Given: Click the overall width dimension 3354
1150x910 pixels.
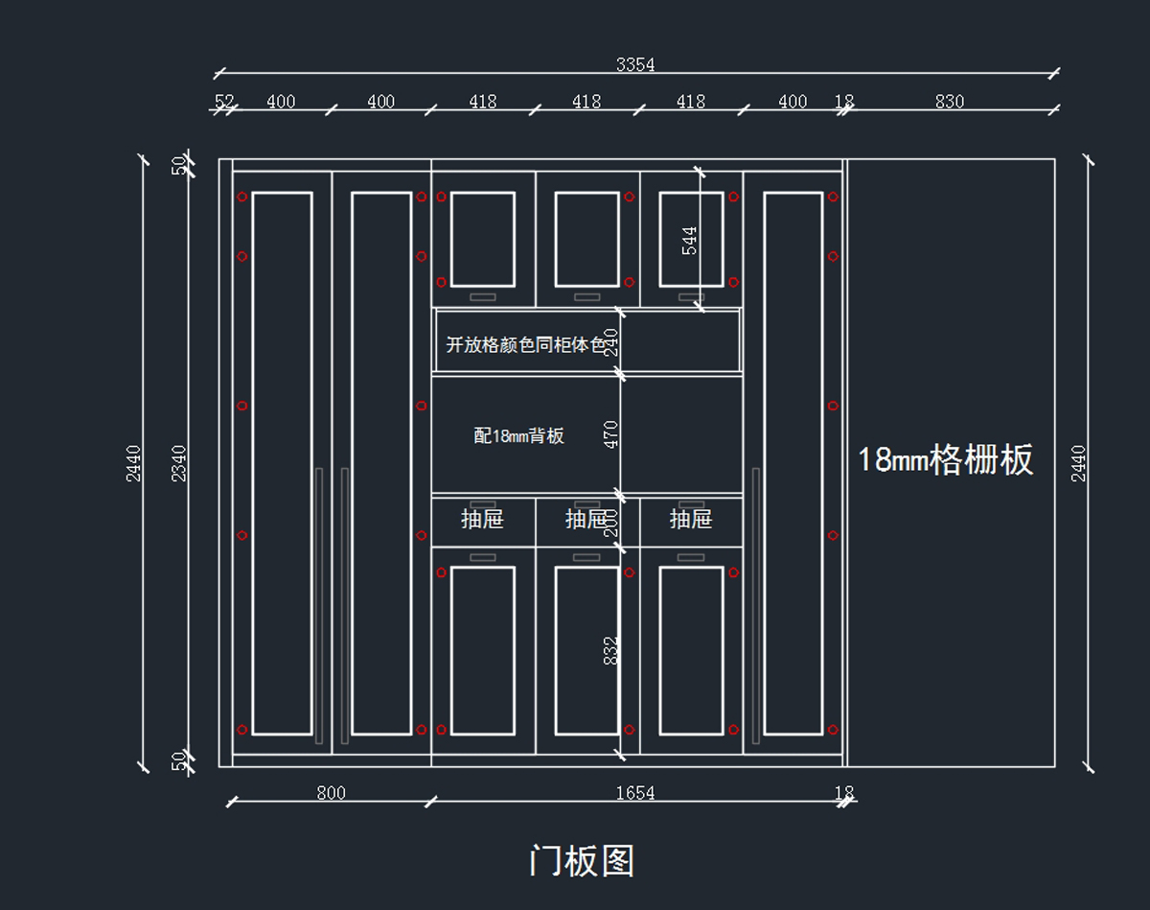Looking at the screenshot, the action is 635,65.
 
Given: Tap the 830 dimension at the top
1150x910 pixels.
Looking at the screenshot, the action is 949,102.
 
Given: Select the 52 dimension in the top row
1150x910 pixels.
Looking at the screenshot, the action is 224,102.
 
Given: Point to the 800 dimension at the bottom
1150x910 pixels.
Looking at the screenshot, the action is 331,793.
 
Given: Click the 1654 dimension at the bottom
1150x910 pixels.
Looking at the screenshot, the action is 634,793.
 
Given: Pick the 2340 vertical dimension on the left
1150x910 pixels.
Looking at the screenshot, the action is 178,462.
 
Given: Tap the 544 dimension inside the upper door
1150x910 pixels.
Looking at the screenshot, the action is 689,240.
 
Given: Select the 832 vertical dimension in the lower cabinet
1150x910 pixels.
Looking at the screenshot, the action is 611,650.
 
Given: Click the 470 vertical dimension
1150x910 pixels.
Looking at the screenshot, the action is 611,434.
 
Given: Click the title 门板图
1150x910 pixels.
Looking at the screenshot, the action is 581,861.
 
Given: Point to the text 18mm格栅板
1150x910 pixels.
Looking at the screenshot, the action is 945,460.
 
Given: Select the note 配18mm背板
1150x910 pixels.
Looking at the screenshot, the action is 518,436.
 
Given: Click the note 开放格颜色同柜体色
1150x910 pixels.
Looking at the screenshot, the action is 526,345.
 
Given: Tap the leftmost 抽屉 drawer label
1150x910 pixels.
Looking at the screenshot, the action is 482,520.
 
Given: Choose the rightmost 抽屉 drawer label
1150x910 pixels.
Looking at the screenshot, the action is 690,520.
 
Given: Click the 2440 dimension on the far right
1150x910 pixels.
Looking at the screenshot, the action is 1079,462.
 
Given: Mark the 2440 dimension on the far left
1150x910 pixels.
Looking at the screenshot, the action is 133,462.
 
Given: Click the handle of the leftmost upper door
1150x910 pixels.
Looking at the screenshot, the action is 482,296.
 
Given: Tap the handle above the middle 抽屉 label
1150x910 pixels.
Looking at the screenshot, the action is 586,504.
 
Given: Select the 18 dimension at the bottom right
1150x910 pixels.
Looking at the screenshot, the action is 843,793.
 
